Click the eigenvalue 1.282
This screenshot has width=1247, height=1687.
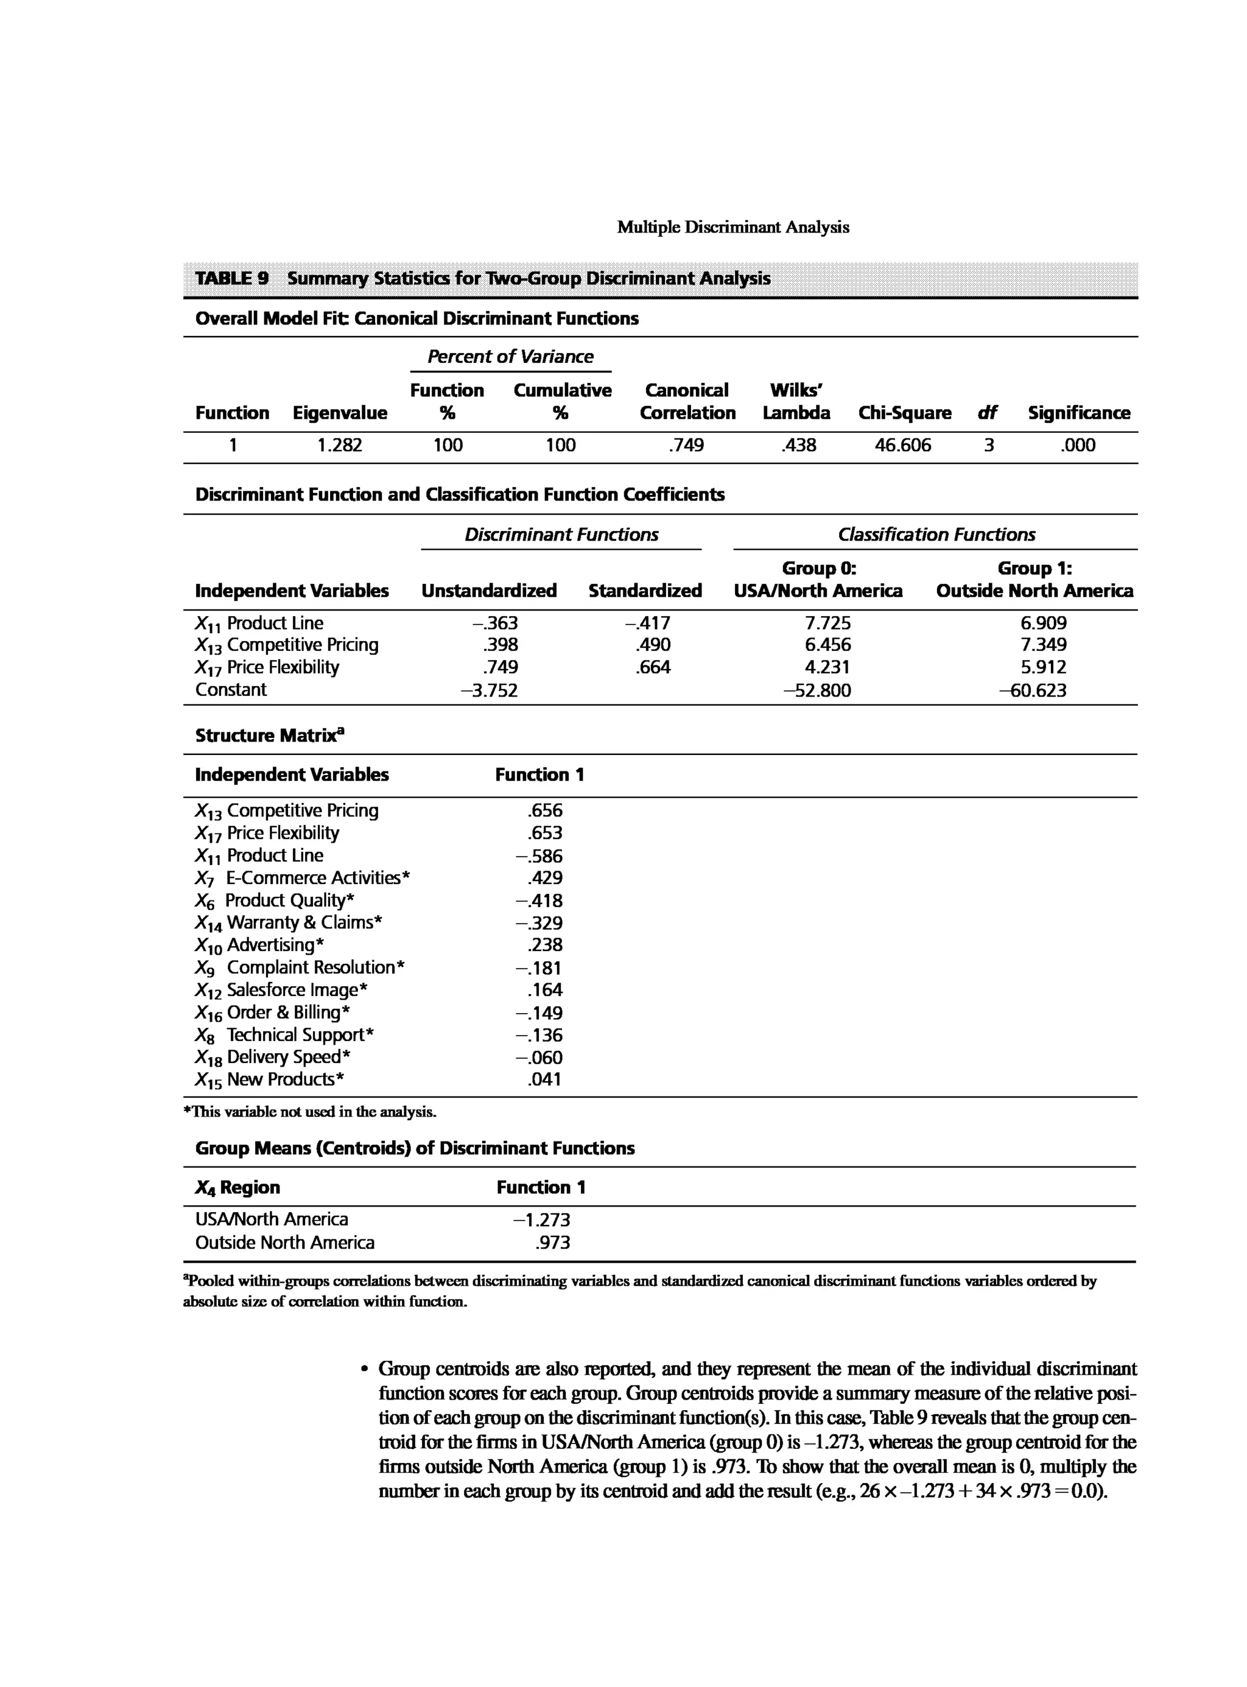339,445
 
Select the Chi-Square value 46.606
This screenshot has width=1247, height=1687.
903,445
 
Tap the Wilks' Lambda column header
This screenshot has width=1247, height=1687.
796,402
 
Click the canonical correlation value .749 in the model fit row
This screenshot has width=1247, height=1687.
686,445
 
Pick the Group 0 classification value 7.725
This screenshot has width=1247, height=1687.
827,623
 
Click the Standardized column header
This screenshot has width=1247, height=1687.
645,591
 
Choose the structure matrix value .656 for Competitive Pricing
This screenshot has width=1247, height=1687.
545,811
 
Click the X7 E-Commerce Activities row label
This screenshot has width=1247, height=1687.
303,878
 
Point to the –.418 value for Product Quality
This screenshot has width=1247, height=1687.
539,900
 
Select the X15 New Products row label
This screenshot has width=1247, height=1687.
270,1080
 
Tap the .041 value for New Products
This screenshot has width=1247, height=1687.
545,1080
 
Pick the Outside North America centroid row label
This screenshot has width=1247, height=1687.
284,1243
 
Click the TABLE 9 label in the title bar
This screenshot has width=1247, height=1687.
232,278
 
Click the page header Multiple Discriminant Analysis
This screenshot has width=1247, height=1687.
732,227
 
